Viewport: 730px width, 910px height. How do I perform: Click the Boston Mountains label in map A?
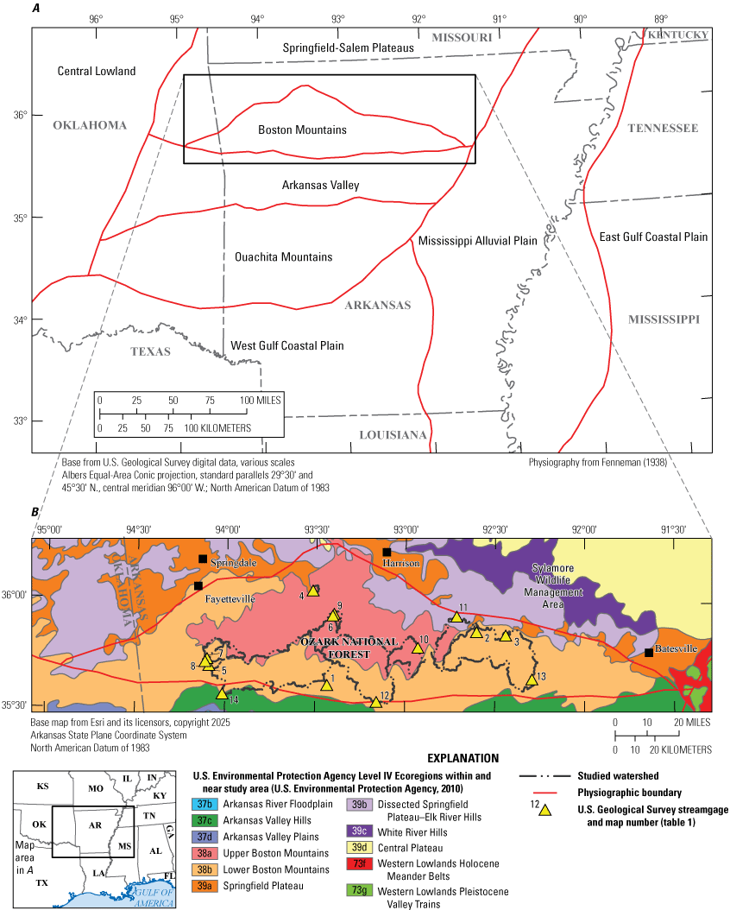pyautogui.click(x=302, y=130)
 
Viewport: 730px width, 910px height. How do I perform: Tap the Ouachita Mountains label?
pyautogui.click(x=283, y=257)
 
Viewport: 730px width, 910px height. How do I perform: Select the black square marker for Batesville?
pyautogui.click(x=649, y=653)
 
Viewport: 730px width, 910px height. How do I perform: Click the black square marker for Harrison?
pyautogui.click(x=387, y=552)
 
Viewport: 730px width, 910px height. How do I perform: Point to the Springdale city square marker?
pyautogui.click(x=203, y=559)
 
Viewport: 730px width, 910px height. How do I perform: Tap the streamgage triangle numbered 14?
pyautogui.click(x=222, y=693)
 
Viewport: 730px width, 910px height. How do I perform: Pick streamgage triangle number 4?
pyautogui.click(x=313, y=591)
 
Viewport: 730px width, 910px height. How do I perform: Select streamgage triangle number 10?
pyautogui.click(x=418, y=648)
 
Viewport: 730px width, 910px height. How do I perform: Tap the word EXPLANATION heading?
pyautogui.click(x=466, y=757)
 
